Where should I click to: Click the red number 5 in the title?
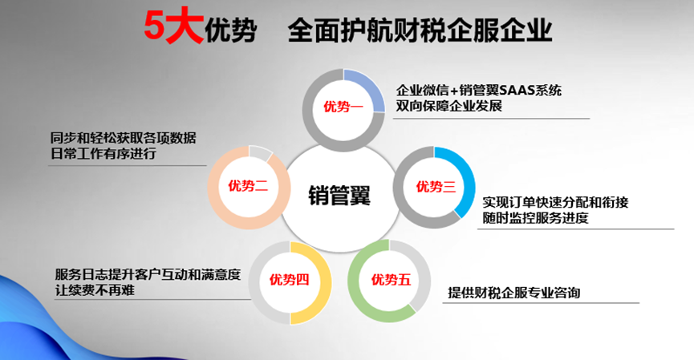pyautogui.click(x=156, y=26)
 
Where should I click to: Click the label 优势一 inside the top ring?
pyautogui.click(x=343, y=107)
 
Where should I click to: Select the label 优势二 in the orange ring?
pyautogui.click(x=248, y=186)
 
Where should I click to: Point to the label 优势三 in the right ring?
pyautogui.click(x=436, y=187)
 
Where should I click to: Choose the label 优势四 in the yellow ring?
pyautogui.click(x=289, y=280)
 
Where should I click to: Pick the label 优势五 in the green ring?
pyautogui.click(x=391, y=280)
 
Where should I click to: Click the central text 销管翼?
pyautogui.click(x=339, y=196)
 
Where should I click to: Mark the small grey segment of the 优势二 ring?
pyautogui.click(x=260, y=152)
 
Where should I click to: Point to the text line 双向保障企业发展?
pyautogui.click(x=448, y=106)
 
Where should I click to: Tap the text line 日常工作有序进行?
pyautogui.click(x=103, y=153)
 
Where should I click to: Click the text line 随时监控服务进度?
pyautogui.click(x=536, y=217)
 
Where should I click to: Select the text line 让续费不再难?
pyautogui.click(x=95, y=290)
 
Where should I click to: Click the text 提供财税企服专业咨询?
pyautogui.click(x=513, y=293)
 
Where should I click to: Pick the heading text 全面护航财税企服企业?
pyautogui.click(x=420, y=30)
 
